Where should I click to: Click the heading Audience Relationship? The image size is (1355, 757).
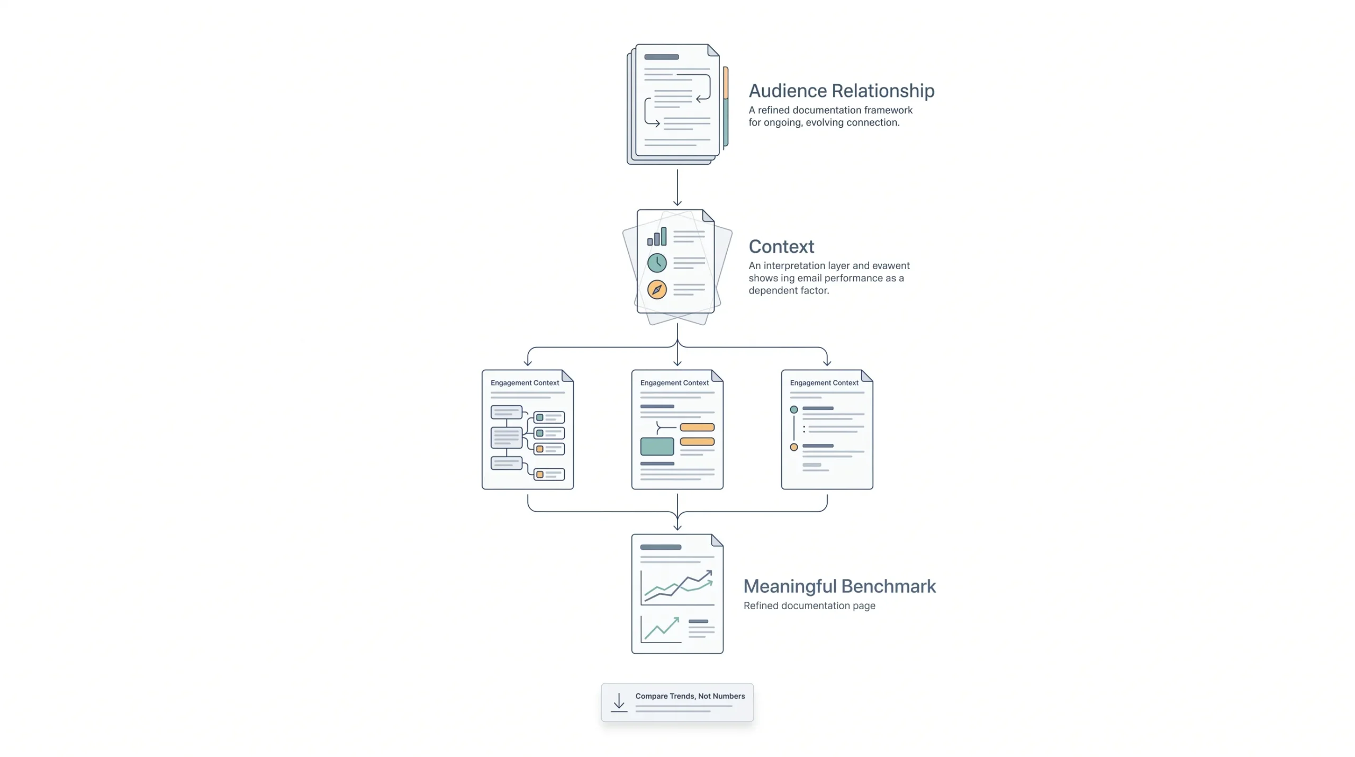coord(841,91)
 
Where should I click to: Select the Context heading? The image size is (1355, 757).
coord(781,246)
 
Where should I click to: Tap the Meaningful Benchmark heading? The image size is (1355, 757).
coord(839,586)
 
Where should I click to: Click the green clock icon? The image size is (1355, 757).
coord(657,262)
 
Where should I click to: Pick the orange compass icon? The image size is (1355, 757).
coord(657,289)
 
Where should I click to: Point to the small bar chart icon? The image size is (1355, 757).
coord(657,237)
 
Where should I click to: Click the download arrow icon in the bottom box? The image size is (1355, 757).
coord(619,702)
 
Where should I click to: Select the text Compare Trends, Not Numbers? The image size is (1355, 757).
coord(690,696)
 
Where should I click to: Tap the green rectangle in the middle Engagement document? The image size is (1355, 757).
coord(657,447)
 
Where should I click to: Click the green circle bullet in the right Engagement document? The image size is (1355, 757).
coord(794,409)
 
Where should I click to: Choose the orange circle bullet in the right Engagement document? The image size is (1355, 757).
coord(794,447)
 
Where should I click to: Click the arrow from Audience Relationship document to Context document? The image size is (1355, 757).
coord(677,188)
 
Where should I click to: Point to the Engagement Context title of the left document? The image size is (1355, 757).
coord(525,382)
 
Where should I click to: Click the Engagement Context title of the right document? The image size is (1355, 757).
coord(824,382)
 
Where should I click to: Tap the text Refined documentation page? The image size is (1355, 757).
coord(809,605)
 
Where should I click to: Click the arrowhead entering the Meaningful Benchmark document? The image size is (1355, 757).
coord(677,527)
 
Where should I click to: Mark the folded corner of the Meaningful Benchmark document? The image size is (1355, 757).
coord(717,540)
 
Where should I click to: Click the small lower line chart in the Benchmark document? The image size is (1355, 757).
coord(661,629)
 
